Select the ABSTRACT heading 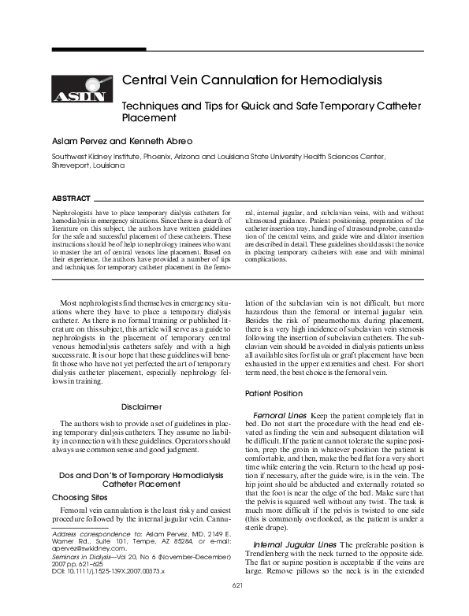pos(68,198)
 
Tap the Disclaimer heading pos(142,406)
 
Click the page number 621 pos(236,606)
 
